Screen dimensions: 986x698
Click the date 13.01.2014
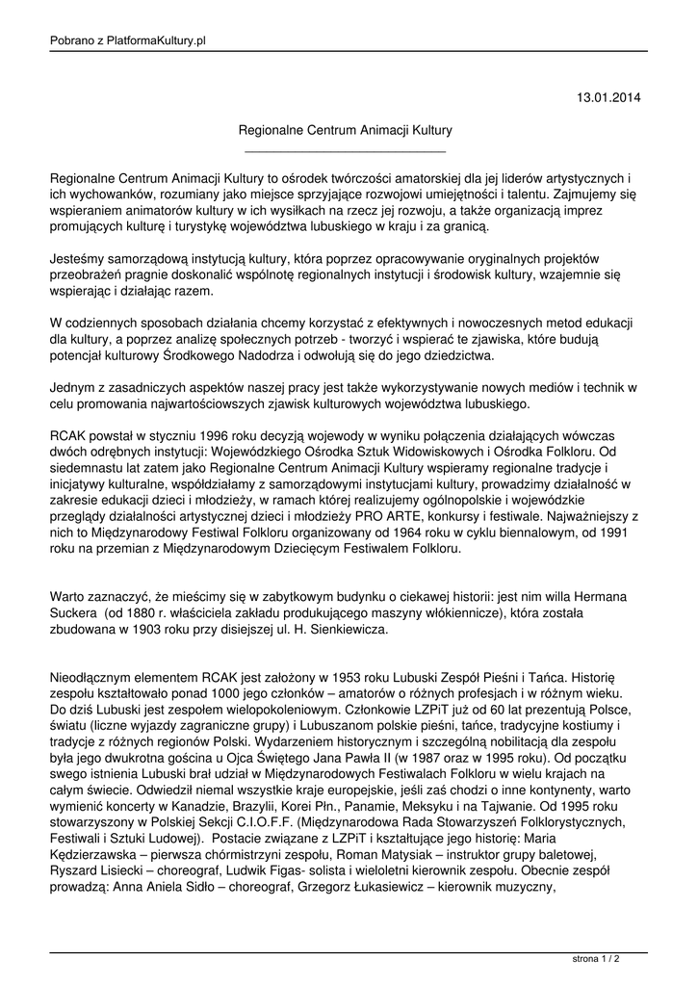(x=608, y=97)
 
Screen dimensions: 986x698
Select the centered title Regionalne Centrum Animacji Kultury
(x=346, y=128)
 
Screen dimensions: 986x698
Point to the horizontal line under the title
(x=346, y=151)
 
